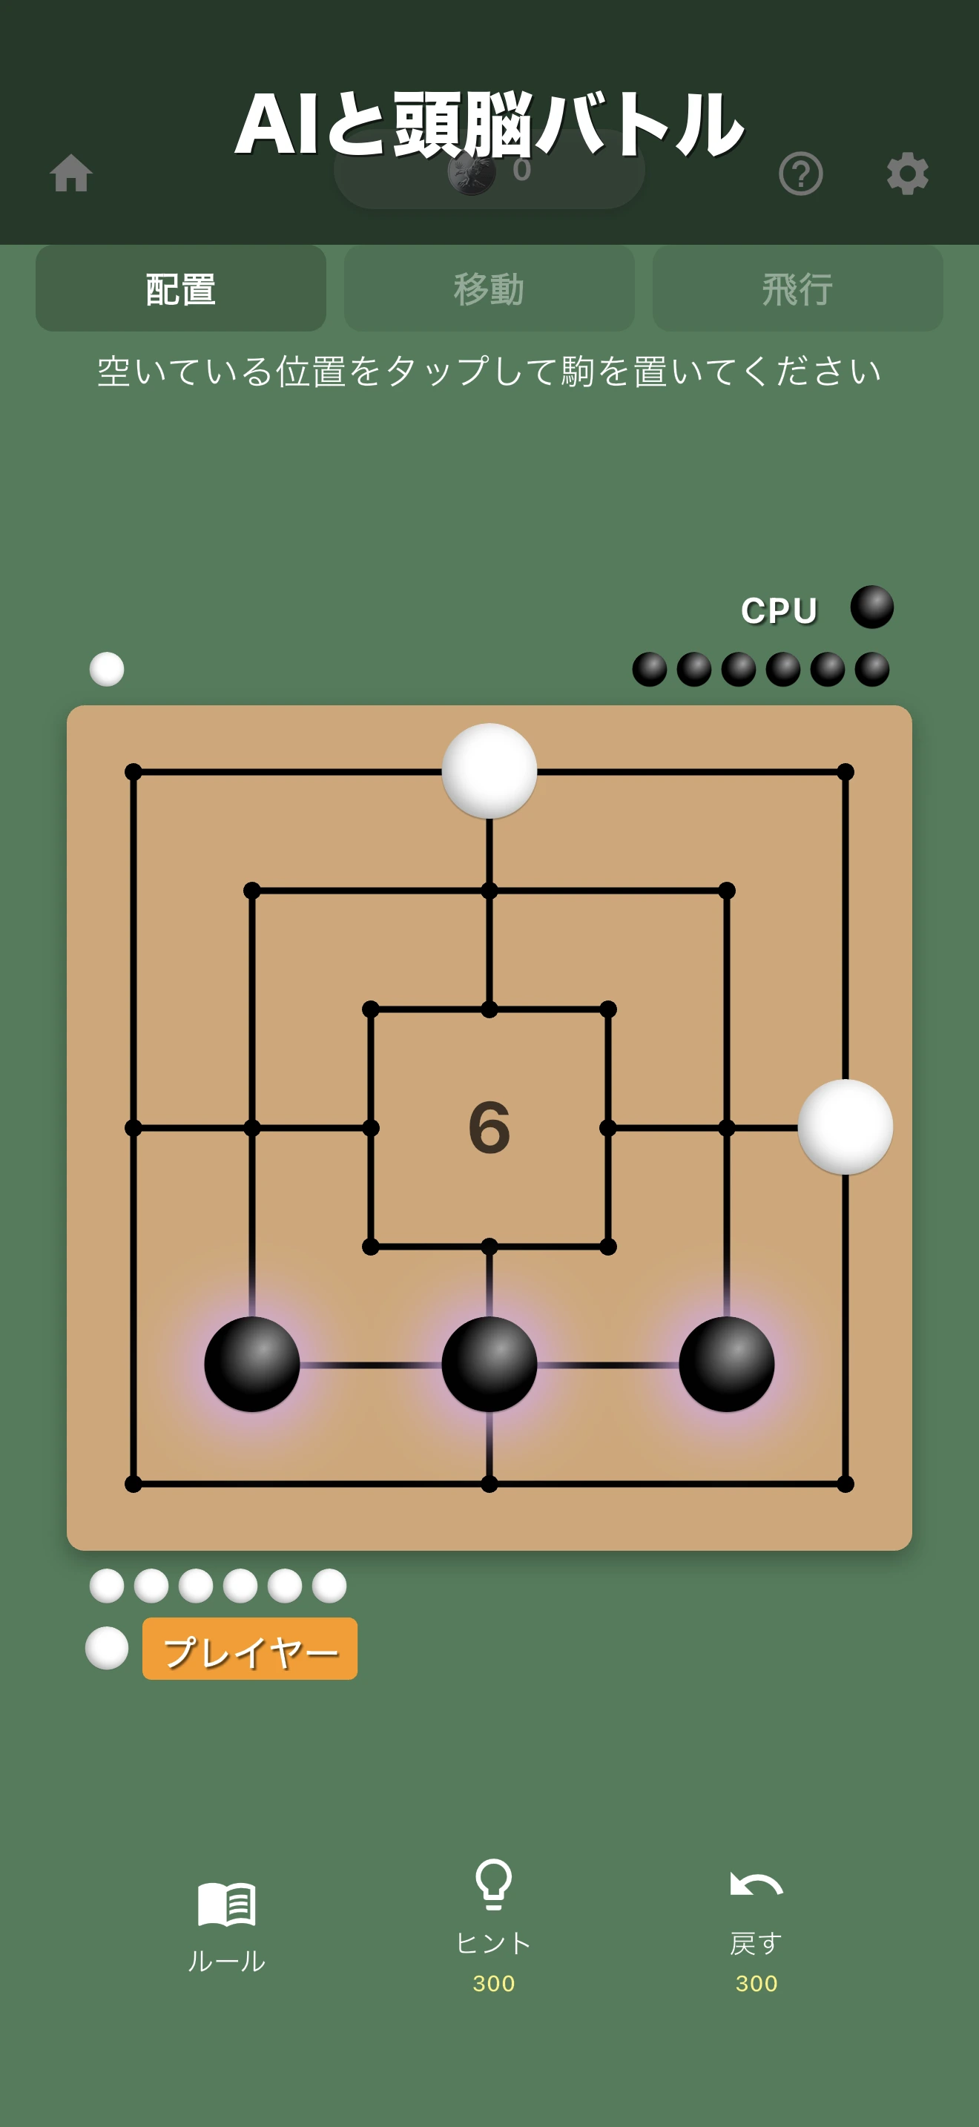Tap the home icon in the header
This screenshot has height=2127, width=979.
[71, 174]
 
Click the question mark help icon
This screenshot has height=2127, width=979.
[801, 174]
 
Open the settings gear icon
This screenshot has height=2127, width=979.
[907, 174]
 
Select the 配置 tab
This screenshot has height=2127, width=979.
[181, 288]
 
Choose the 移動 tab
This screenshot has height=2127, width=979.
[489, 288]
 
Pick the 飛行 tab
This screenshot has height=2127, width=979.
[797, 288]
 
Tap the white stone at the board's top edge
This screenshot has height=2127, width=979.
[489, 771]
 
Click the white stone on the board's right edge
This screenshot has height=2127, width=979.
[845, 1127]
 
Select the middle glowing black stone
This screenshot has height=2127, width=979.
[489, 1364]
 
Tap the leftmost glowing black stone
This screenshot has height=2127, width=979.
[251, 1364]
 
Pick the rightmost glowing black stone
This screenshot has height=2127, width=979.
[726, 1364]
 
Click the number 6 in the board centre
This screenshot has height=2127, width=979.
[489, 1127]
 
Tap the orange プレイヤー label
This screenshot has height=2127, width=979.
[250, 1648]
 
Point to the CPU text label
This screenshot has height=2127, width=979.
[779, 610]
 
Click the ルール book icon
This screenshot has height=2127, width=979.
[227, 1903]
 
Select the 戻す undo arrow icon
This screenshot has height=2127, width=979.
[756, 1884]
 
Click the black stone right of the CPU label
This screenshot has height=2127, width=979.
[871, 607]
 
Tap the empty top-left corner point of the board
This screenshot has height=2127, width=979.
[133, 772]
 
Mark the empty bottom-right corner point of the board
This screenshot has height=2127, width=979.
[845, 1484]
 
